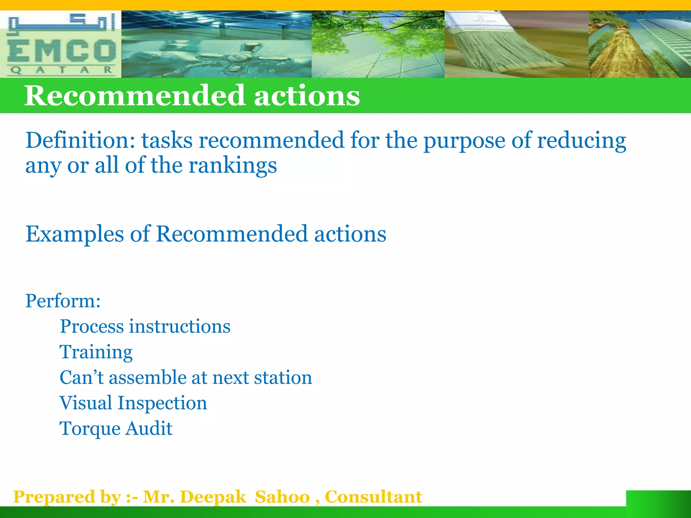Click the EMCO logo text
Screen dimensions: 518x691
click(61, 51)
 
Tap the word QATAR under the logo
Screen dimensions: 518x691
click(61, 70)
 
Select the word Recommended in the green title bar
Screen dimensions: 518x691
click(134, 96)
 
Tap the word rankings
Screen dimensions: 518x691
click(232, 166)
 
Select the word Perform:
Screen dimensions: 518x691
click(63, 300)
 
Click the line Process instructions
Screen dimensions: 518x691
click(145, 326)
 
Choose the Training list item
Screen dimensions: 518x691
click(96, 352)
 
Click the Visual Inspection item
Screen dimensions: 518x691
click(133, 403)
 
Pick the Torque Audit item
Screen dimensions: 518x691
click(116, 429)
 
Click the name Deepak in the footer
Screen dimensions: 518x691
click(213, 497)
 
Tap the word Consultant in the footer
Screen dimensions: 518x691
click(373, 497)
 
